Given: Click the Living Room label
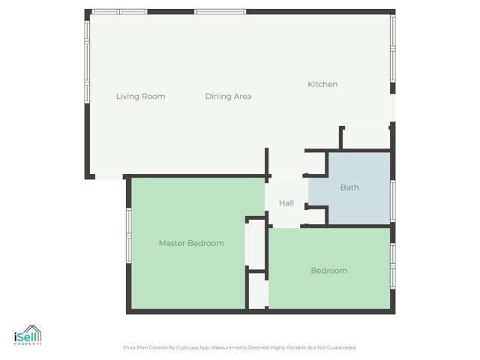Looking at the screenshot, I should [x=140, y=96].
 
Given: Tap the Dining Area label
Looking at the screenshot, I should [x=228, y=96].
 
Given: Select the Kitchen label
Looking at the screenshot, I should [x=322, y=84].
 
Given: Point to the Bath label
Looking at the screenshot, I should [x=349, y=187].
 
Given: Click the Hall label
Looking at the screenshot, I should [x=286, y=203].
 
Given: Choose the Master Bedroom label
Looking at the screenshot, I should [x=191, y=243].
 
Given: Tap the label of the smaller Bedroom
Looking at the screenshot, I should [x=329, y=271].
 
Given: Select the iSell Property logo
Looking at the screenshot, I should [x=28, y=335].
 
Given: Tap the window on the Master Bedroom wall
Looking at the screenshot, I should [x=129, y=235].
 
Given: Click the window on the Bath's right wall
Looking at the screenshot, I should [x=392, y=201].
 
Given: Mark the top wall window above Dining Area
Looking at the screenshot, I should [x=220, y=12].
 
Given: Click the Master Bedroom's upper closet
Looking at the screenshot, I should [x=256, y=243].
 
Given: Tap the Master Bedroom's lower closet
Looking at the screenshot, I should [x=257, y=290].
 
